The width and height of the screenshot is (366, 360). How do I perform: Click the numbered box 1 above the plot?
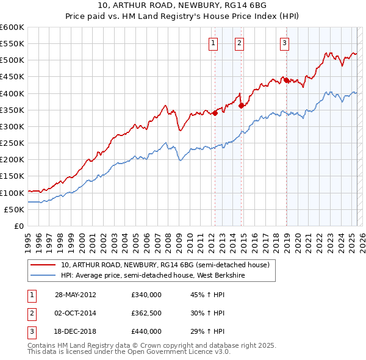click(213, 43)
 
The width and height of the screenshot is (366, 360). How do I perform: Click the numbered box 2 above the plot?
click(239, 43)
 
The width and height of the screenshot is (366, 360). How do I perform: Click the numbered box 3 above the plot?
click(285, 43)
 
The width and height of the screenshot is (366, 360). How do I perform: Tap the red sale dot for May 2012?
click(215, 113)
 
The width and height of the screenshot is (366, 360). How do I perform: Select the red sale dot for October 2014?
click(242, 106)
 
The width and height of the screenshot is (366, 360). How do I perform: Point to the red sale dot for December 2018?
click(286, 80)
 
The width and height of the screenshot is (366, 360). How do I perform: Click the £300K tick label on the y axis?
click(12, 126)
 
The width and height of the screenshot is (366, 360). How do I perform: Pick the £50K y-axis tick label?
click(14, 209)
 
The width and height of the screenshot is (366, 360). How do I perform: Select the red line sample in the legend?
click(43, 265)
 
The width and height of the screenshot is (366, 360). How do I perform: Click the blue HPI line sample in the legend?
click(43, 275)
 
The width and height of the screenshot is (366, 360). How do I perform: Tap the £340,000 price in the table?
click(146, 294)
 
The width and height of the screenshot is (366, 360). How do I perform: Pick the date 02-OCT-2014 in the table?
click(76, 313)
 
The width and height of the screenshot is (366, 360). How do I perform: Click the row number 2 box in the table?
click(30, 313)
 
